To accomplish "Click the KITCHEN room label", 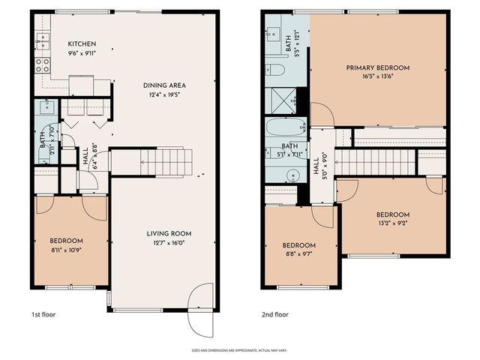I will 81,43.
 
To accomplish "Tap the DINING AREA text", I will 164,85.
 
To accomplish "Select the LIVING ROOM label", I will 164,233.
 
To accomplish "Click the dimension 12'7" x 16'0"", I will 164,242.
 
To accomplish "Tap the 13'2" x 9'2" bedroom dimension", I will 394,222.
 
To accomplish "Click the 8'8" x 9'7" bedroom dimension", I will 298,254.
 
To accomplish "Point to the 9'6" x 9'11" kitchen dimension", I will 81,52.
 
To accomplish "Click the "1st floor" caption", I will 43,314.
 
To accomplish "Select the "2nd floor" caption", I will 274,314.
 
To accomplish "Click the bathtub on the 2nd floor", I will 286,127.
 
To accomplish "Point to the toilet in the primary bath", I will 274,70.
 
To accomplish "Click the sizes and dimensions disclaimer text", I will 239,349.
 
